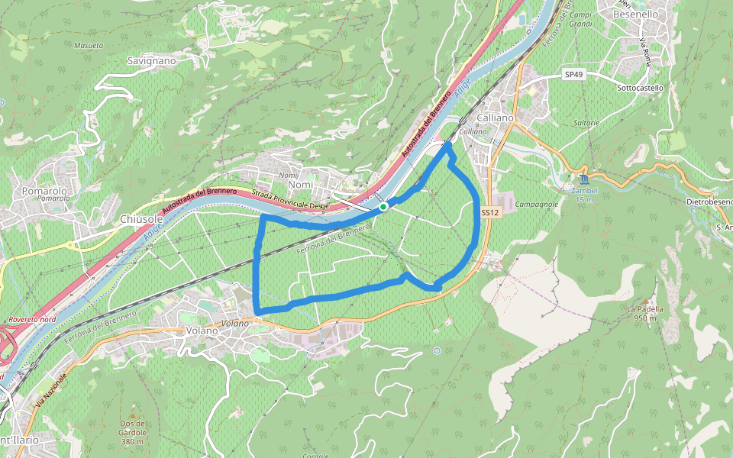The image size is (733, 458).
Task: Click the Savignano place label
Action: (151, 60)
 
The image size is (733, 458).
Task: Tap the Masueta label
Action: (89, 45)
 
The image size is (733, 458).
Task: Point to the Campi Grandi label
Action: (581, 20)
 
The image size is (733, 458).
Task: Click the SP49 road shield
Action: (573, 74)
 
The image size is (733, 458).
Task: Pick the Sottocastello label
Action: (639, 88)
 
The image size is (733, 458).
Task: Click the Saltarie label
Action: (585, 122)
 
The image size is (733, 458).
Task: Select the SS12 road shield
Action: (490, 213)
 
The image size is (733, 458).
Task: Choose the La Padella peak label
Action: (642, 308)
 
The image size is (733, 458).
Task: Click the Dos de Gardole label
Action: (132, 428)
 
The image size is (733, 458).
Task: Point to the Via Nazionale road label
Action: (50, 389)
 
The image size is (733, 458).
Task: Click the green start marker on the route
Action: (383, 206)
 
